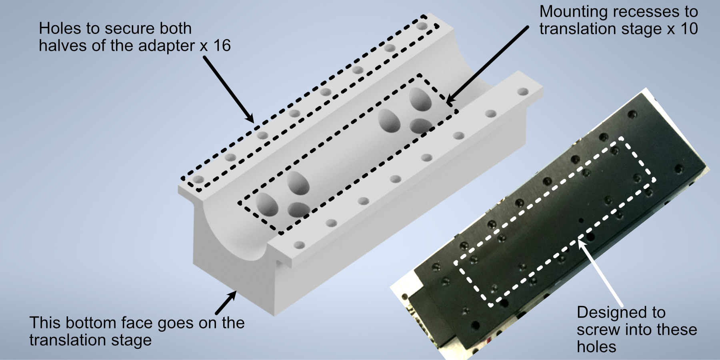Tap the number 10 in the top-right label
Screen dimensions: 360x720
[x=688, y=29]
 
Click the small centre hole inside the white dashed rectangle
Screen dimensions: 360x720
[x=581, y=220]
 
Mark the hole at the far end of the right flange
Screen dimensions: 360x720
[x=522, y=92]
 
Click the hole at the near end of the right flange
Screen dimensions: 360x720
[x=299, y=244]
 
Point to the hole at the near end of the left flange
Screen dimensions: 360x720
[x=198, y=179]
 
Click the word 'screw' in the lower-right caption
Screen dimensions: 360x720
[x=599, y=330]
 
